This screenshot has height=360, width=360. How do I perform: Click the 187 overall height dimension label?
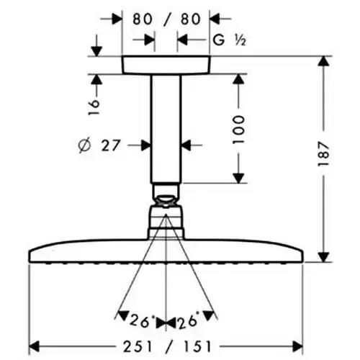click(x=323, y=154)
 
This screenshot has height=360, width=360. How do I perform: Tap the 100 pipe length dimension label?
click(x=239, y=130)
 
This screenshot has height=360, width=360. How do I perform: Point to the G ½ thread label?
click(x=230, y=40)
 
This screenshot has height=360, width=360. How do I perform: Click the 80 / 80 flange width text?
click(x=166, y=19)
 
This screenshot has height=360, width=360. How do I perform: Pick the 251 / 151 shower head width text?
click(x=167, y=346)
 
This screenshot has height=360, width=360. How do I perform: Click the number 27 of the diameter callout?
click(x=110, y=145)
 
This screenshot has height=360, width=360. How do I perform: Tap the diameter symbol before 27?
click(x=85, y=145)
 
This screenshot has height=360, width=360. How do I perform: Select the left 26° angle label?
click(x=143, y=321)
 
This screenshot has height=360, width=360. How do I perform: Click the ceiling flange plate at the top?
click(x=166, y=65)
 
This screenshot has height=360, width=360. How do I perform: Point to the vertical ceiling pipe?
click(x=166, y=129)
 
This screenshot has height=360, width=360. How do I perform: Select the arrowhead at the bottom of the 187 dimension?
click(x=324, y=257)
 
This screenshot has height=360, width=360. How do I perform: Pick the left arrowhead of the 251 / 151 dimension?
click(x=34, y=347)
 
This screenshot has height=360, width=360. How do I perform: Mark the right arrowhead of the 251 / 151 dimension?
click(x=297, y=347)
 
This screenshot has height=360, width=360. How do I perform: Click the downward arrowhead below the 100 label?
click(x=238, y=179)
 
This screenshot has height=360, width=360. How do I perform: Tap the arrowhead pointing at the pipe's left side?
click(x=145, y=145)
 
